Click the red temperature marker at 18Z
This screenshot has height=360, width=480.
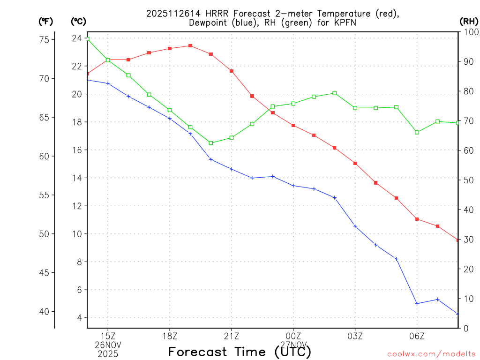pyautogui.click(x=170, y=48)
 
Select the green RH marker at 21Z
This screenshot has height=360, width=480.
pyautogui.click(x=232, y=137)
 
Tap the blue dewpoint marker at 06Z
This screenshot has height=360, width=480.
pyautogui.click(x=417, y=303)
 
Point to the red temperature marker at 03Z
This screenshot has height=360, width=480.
pyautogui.click(x=355, y=163)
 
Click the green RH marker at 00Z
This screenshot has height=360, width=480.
pyautogui.click(x=293, y=103)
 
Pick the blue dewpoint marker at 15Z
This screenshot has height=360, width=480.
pyautogui.click(x=108, y=83)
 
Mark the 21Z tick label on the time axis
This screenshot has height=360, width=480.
pyautogui.click(x=232, y=336)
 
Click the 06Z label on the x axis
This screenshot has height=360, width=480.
pyautogui.click(x=417, y=336)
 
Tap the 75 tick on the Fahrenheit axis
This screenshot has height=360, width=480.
pyautogui.click(x=45, y=40)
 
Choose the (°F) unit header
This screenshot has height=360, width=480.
pyautogui.click(x=46, y=21)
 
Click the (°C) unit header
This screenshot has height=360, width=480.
pyautogui.click(x=78, y=21)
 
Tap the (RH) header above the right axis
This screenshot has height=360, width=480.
pyautogui.click(x=468, y=21)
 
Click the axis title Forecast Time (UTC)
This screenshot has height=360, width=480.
pyautogui.click(x=240, y=352)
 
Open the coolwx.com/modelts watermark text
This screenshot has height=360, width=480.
pyautogui.click(x=431, y=354)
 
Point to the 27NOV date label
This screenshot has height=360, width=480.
pyautogui.click(x=293, y=345)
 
